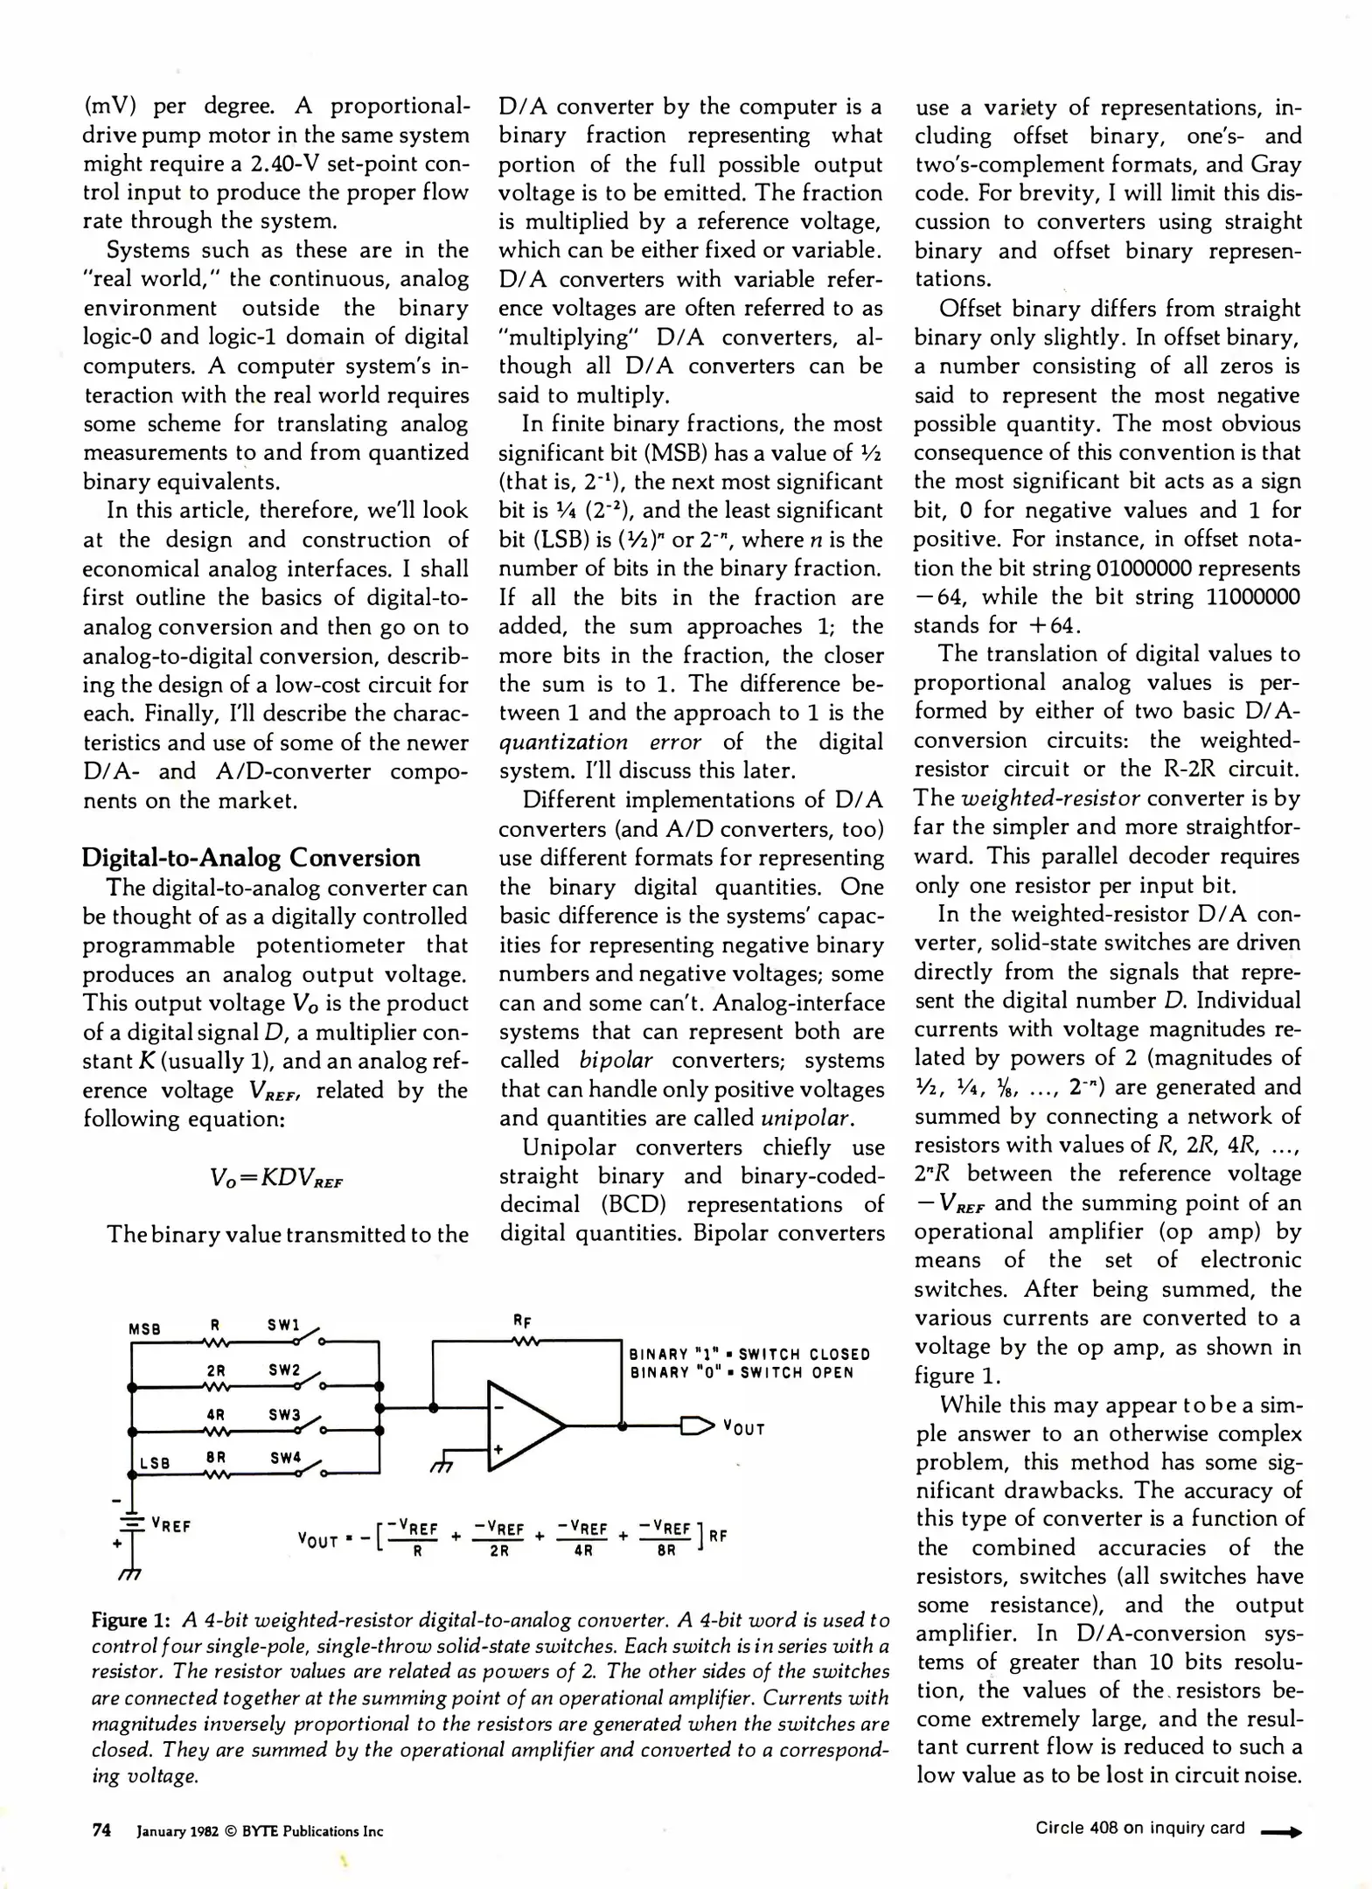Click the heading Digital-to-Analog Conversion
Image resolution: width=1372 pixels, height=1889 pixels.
251,857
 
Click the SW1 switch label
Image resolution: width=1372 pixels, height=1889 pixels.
283,1325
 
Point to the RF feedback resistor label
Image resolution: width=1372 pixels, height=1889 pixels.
522,1321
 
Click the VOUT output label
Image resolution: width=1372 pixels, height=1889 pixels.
743,1429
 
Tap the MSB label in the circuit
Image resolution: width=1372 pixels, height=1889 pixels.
145,1328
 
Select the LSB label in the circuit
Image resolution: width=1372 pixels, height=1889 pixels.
155,1462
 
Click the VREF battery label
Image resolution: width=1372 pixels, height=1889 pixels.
171,1525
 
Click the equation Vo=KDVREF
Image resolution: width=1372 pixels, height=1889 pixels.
276,1178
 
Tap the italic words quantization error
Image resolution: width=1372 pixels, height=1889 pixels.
600,742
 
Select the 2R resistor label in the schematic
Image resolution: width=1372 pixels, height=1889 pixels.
216,1371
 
